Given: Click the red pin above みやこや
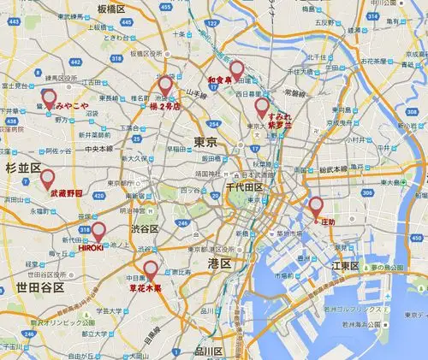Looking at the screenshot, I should point(49,97).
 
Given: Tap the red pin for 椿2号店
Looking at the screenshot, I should point(165,86).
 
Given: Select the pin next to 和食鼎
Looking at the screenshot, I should point(236,68).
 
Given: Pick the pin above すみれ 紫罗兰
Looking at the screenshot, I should point(262,106).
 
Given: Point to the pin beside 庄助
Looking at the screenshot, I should point(315,205).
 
